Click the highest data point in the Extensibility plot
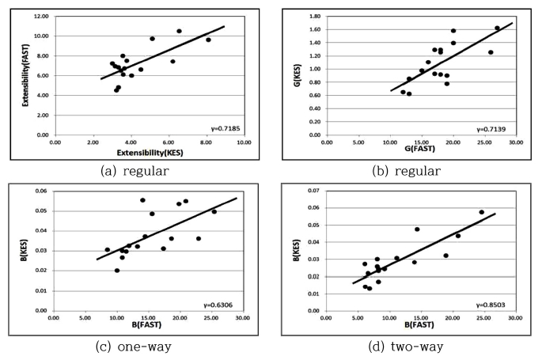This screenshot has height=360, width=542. click(x=179, y=31)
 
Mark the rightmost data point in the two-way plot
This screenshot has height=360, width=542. click(x=481, y=212)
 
